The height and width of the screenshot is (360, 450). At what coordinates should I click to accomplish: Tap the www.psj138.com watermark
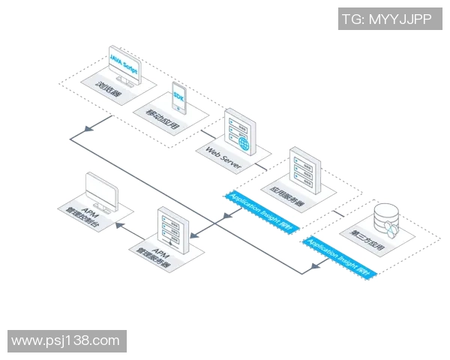click(66, 341)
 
